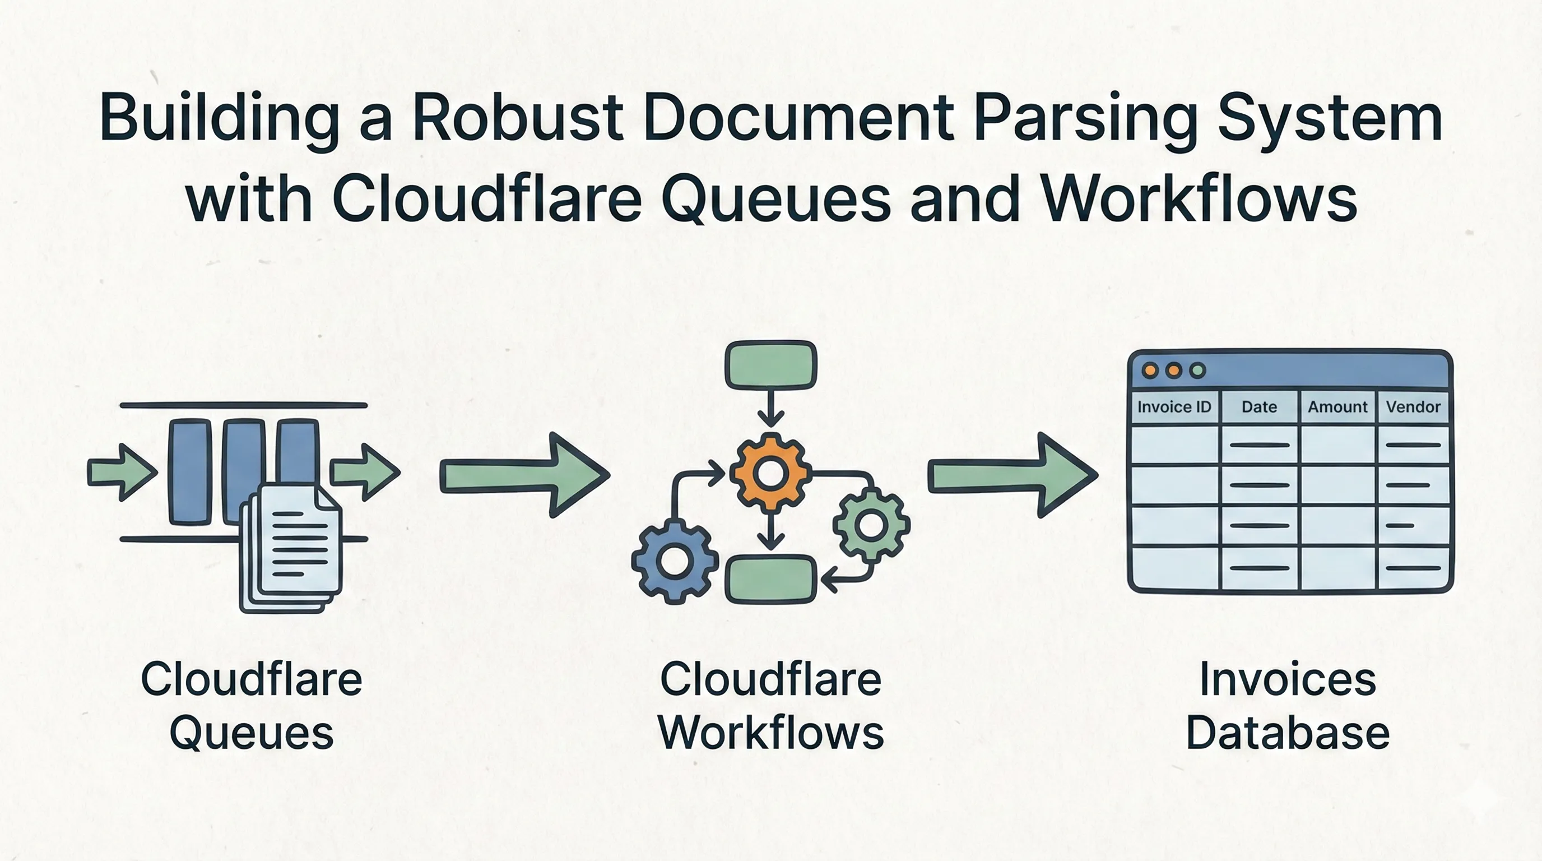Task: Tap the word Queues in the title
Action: [x=776, y=199]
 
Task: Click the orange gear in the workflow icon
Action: [x=771, y=473]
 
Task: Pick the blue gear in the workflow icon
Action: [x=675, y=562]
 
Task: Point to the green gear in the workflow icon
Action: [x=871, y=525]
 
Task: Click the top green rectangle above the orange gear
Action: [x=771, y=365]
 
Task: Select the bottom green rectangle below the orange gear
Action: [x=771, y=578]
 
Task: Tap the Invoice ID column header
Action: [x=1174, y=407]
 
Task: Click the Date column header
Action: [x=1260, y=407]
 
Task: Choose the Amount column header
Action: [x=1337, y=407]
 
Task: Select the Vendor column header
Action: [x=1413, y=407]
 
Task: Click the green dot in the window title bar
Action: [x=1198, y=370]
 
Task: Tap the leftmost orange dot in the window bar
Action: [x=1150, y=370]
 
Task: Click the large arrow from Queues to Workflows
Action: [x=524, y=475]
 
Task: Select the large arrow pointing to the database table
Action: [x=1011, y=475]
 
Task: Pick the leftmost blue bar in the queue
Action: [x=191, y=472]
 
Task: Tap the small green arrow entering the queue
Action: [x=122, y=472]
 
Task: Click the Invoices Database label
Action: [x=1288, y=706]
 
